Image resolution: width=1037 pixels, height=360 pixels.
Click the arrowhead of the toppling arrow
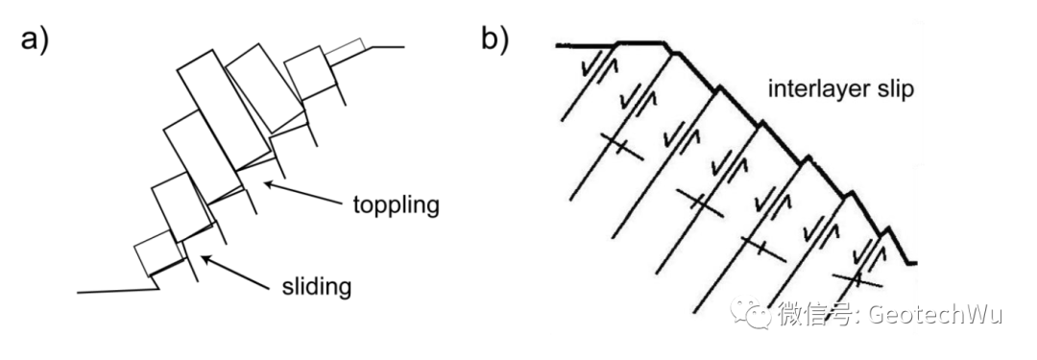coord(269,183)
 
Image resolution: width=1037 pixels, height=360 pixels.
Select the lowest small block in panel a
coord(157,256)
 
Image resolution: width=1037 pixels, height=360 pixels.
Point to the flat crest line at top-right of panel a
coord(388,46)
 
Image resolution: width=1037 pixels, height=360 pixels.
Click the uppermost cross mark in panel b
coord(620,147)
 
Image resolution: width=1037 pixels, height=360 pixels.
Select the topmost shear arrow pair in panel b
coord(598,66)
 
